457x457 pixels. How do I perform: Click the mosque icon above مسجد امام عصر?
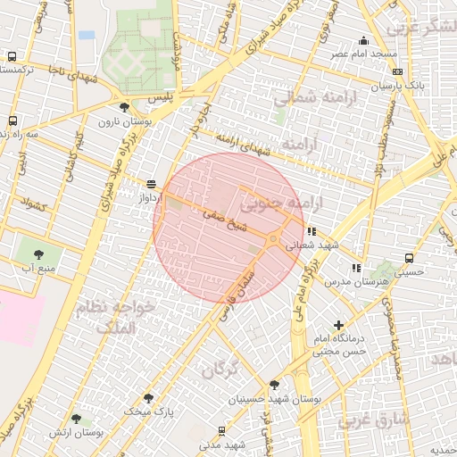[x=363, y=40]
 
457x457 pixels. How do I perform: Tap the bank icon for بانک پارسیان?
[x=397, y=72]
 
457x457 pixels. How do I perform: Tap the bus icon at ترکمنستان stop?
[x=12, y=56]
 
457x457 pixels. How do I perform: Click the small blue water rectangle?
[x=87, y=35]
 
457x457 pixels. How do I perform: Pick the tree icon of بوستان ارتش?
[x=76, y=418]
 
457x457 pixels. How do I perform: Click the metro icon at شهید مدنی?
[x=221, y=431]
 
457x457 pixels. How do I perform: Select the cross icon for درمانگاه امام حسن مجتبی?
[x=338, y=326]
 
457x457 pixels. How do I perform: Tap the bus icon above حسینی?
[x=408, y=258]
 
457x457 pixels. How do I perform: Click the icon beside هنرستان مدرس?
[x=356, y=267]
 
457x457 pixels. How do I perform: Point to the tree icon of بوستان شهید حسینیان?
[x=274, y=385]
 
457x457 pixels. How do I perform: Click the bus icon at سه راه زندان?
[x=12, y=120]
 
